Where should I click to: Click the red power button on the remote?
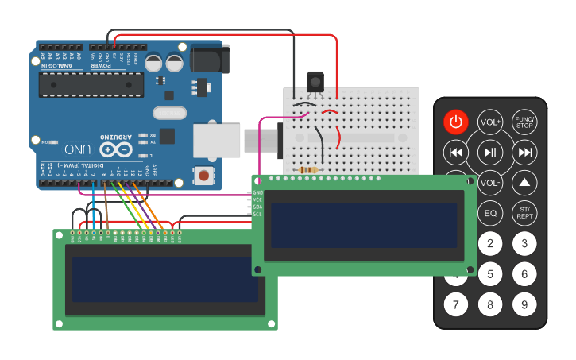click(456, 122)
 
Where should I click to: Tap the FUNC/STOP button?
click(524, 122)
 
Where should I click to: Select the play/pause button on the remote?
click(490, 152)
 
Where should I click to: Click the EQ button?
click(490, 213)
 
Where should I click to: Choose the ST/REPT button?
click(524, 213)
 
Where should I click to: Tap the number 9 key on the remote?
click(524, 304)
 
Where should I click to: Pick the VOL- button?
click(490, 182)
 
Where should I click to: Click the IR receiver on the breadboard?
click(315, 82)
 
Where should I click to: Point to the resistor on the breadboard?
click(307, 169)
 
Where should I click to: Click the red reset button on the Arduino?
click(204, 175)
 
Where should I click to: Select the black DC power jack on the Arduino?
click(211, 60)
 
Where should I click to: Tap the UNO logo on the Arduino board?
click(78, 149)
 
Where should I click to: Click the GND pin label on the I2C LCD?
click(257, 193)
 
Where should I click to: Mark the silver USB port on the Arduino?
click(217, 140)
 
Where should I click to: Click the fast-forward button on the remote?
click(524, 152)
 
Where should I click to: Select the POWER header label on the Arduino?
click(101, 66)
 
